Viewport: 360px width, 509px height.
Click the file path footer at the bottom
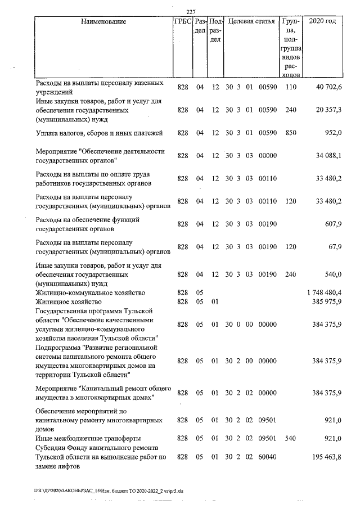pyautogui.click(x=112, y=490)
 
